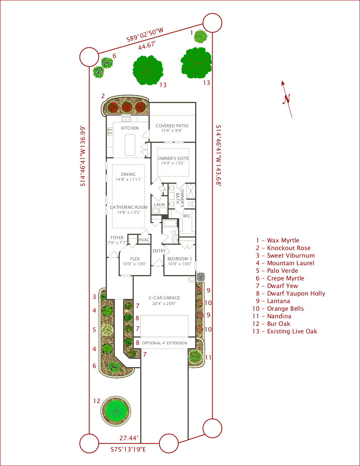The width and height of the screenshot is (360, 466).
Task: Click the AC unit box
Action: (201, 277)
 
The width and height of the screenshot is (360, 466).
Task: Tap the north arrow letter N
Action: (287, 99)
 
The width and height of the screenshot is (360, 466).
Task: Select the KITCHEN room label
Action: (130, 128)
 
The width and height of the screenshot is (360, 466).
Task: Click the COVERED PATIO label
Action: (172, 126)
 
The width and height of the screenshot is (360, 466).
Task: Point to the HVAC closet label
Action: (144, 240)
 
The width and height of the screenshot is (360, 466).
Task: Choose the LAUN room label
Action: (159, 205)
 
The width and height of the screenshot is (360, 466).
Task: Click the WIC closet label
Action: (187, 216)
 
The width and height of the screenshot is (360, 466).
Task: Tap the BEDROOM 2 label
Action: (180, 259)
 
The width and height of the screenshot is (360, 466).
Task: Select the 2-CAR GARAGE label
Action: (164, 298)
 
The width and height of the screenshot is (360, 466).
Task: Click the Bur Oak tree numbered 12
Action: (116, 411)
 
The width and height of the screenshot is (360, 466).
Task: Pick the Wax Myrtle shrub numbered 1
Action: (200, 36)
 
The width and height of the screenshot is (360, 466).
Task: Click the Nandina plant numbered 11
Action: (195, 357)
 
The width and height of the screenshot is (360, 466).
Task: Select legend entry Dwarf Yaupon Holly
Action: (291, 293)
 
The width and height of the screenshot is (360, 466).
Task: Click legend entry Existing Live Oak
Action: (285, 332)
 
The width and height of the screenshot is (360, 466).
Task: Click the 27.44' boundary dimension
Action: (129, 438)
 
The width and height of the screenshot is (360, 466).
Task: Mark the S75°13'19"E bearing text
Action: (128, 449)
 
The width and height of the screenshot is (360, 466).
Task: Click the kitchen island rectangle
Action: (130, 145)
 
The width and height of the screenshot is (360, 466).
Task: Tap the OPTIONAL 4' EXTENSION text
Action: (165, 343)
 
